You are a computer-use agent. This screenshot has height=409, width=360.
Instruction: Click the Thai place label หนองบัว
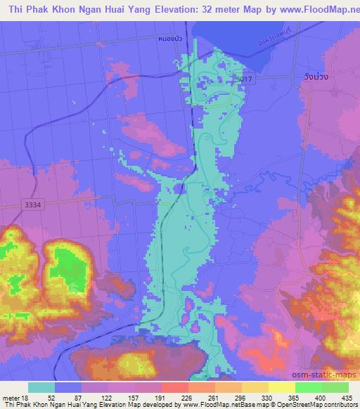click(x=171, y=39)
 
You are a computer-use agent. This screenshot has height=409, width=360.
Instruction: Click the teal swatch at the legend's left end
click(x=42, y=387)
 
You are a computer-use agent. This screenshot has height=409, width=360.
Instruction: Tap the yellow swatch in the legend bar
click(x=254, y=387)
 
